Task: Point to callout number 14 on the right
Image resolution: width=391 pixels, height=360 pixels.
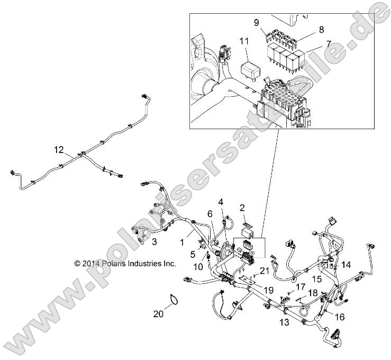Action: pyautogui.click(x=346, y=263)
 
